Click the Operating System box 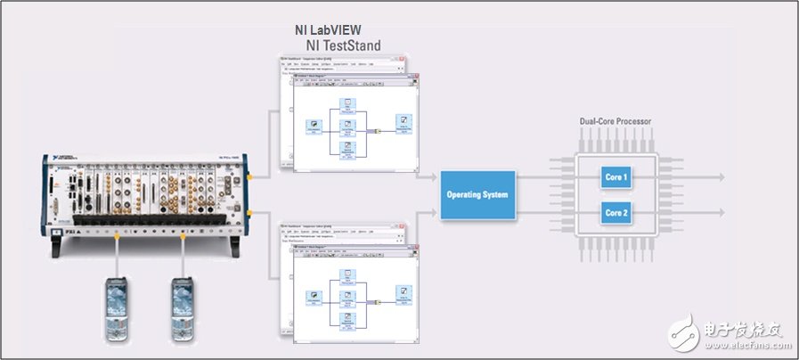[x=477, y=193]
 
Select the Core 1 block [x=616, y=177]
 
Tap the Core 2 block [x=616, y=213]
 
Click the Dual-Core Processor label [x=616, y=120]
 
